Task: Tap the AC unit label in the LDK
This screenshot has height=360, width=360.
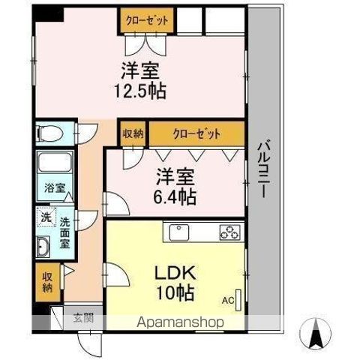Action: tap(228, 300)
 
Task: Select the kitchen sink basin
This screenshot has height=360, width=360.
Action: tap(179, 232)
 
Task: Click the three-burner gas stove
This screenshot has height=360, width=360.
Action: tap(230, 232)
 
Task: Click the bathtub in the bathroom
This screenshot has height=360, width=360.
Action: tap(55, 162)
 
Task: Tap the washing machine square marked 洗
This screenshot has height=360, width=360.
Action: tap(46, 217)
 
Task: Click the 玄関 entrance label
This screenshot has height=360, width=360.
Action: tap(84, 318)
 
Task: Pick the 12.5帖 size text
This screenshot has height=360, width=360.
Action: tap(140, 91)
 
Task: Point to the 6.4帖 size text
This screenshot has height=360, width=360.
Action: tap(175, 197)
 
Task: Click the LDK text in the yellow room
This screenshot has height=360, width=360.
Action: tap(175, 273)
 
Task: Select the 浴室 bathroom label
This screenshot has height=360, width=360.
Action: tap(55, 187)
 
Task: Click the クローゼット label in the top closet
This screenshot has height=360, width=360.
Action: tap(147, 20)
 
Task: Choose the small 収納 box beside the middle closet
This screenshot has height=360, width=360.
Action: tap(133, 133)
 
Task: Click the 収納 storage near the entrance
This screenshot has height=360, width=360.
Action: tap(48, 282)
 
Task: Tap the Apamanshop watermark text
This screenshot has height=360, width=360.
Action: tap(180, 322)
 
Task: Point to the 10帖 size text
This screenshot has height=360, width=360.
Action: tap(175, 292)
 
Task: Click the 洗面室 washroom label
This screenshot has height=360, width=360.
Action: tap(64, 233)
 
